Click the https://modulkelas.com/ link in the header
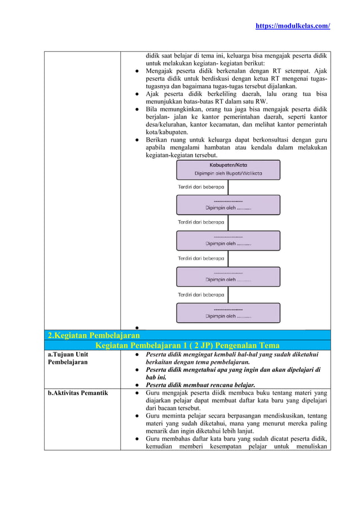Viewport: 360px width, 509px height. [293, 26]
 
